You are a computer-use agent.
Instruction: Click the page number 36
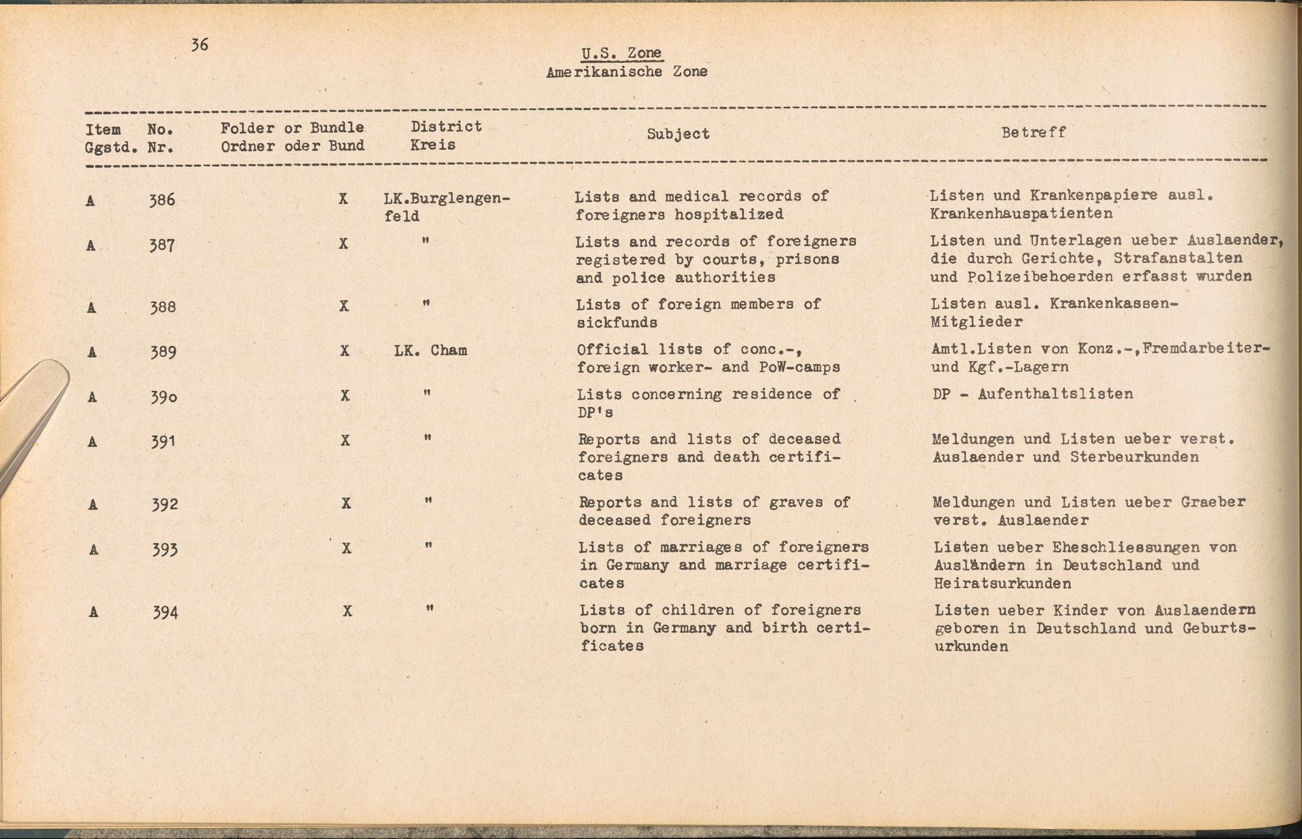pos(200,44)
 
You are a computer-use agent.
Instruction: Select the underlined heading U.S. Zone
pos(622,53)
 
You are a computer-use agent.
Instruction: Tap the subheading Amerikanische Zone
pos(626,72)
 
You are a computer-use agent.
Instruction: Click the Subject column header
pos(678,134)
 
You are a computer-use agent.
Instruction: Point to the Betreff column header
pos(1033,132)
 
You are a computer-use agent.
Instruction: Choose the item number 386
pos(162,199)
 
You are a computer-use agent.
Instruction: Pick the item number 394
pos(165,612)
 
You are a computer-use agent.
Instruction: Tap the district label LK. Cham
pos(430,350)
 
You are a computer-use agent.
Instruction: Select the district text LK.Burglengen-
pos(447,197)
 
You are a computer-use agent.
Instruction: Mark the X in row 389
pos(344,351)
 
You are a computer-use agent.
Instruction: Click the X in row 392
pos(346,504)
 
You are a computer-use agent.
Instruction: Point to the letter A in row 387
pos(91,246)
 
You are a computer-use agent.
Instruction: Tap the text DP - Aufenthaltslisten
pos(1032,393)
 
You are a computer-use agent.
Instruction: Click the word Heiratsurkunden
pos(1002,583)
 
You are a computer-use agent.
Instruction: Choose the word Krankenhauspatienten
pos(1021,213)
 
